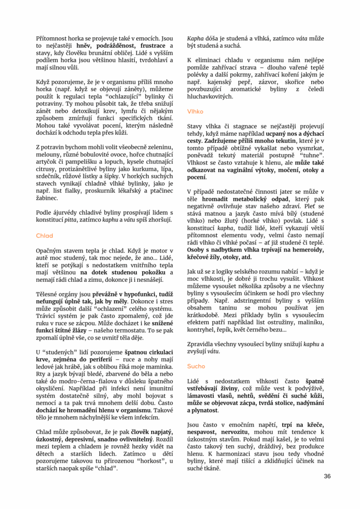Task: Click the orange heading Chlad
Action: [x=44, y=236]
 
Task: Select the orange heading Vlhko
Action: [x=195, y=112]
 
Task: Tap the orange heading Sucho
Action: [x=195, y=366]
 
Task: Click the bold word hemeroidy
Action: [x=308, y=250]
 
